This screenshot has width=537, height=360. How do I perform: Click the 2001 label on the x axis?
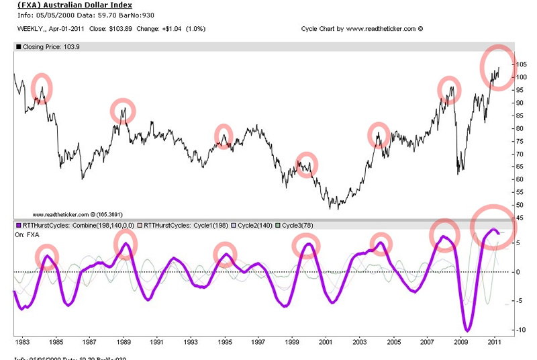(x=326, y=342)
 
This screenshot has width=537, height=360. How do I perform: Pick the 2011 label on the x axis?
(x=494, y=342)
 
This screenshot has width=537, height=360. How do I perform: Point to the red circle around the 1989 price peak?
(x=123, y=110)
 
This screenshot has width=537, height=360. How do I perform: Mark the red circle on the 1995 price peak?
(x=225, y=136)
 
